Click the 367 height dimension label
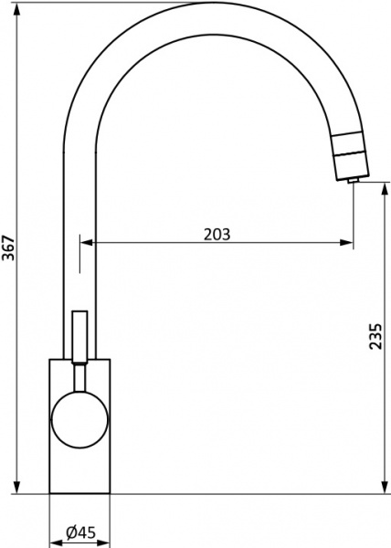point(9,248)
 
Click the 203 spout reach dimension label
point(217,235)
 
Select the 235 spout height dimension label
point(375,336)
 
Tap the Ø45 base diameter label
point(80,532)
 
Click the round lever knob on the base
point(79,419)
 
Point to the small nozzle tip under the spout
point(352,180)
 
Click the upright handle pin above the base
point(79,336)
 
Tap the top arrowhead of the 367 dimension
point(16,10)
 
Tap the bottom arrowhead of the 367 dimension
point(16,486)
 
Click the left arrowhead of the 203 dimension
point(88,242)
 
